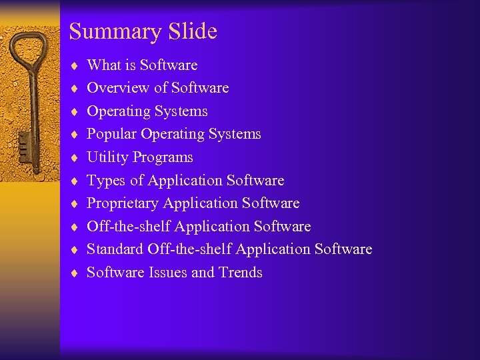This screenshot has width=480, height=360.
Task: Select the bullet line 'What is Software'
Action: pos(142,65)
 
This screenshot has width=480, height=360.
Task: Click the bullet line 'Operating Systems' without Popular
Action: pos(147,111)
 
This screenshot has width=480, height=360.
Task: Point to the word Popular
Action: pos(111,134)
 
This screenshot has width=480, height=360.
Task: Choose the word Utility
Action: pos(108,157)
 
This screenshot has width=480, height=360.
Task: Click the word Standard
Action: pos(115,249)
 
